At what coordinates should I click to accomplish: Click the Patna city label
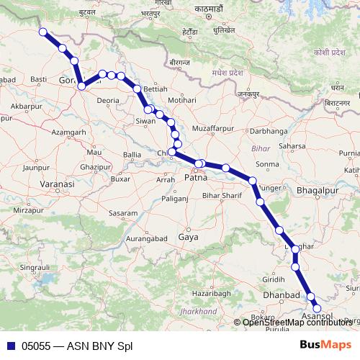click(196, 177)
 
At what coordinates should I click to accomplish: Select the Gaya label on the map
click(188, 237)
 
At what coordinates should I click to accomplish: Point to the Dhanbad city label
click(281, 296)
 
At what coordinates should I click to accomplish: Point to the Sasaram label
click(122, 213)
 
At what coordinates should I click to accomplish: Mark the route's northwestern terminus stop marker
click(43, 32)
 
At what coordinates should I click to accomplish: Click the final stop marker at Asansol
click(316, 309)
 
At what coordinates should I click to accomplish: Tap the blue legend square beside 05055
click(9, 346)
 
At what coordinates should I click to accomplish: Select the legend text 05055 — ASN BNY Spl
click(77, 346)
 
